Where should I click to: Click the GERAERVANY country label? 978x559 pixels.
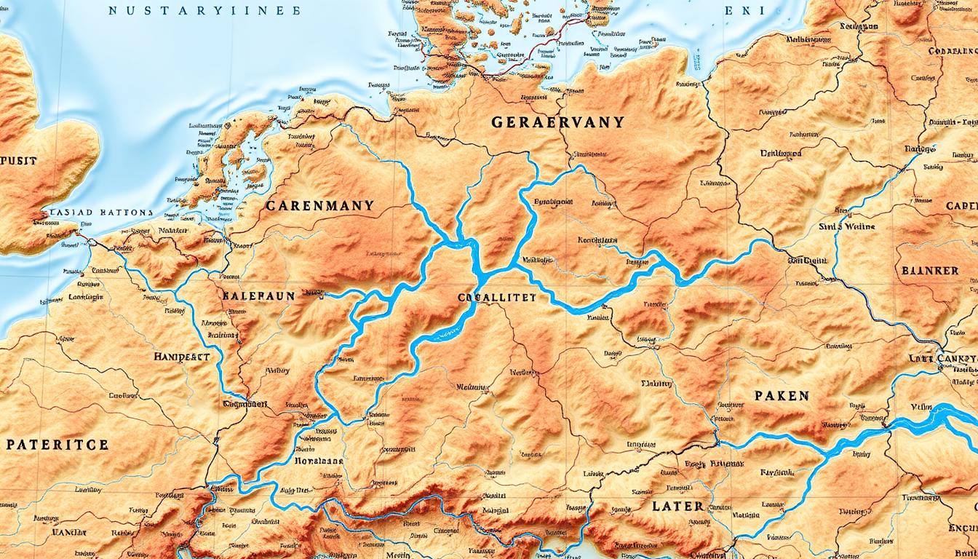(x=557, y=122)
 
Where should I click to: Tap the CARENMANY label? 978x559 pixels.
(x=319, y=206)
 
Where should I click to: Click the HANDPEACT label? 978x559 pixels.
(x=182, y=357)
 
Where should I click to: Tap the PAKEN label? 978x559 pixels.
(x=781, y=396)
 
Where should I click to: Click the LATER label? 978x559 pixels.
(x=677, y=506)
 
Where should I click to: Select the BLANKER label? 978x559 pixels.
(x=930, y=270)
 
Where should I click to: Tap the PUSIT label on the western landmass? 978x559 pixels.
(x=18, y=161)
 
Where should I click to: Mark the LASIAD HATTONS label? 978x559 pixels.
(x=97, y=213)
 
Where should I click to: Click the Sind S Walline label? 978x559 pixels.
(x=868, y=226)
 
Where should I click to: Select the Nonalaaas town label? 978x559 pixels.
(x=318, y=461)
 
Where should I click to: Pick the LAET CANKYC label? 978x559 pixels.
(x=943, y=359)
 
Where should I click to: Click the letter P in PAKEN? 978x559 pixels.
(x=759, y=396)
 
